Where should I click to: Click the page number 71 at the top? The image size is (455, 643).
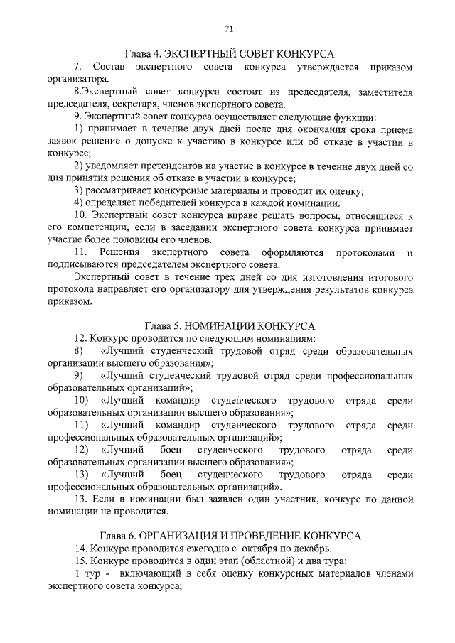click(x=228, y=29)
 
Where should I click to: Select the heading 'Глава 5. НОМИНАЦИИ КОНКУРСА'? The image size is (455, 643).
click(x=230, y=325)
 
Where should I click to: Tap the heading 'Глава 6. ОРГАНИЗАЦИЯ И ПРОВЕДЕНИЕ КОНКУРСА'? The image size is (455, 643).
click(x=230, y=534)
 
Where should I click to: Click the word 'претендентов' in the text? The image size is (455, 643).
click(x=147, y=166)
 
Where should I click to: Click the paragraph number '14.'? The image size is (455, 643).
click(x=81, y=549)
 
